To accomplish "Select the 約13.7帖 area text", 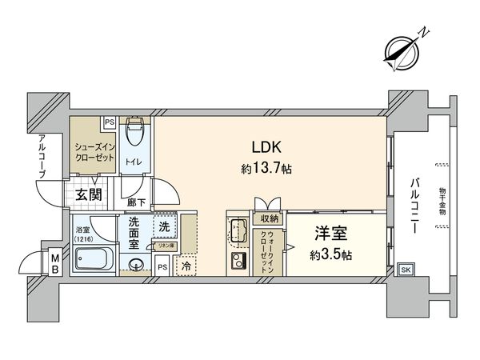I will tap(264, 170).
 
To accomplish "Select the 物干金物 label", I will tap(442, 206).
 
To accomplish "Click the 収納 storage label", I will tap(269, 218).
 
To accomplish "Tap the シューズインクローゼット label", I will tap(94, 152).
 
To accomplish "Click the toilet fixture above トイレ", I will tap(137, 133).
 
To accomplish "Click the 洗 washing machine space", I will tap(163, 227).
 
